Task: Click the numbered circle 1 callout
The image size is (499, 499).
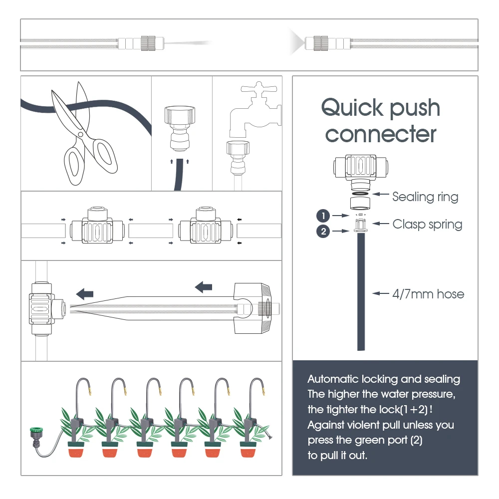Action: pos(323,216)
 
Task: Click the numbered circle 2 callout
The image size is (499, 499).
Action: pos(323,231)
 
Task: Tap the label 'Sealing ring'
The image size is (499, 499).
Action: pos(425,197)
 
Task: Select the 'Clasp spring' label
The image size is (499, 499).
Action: pos(427,224)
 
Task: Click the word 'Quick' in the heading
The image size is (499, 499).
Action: pos(353,108)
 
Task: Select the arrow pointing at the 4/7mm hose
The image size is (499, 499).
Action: pos(382,294)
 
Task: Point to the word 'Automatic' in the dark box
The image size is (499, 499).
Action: pos(330,379)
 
